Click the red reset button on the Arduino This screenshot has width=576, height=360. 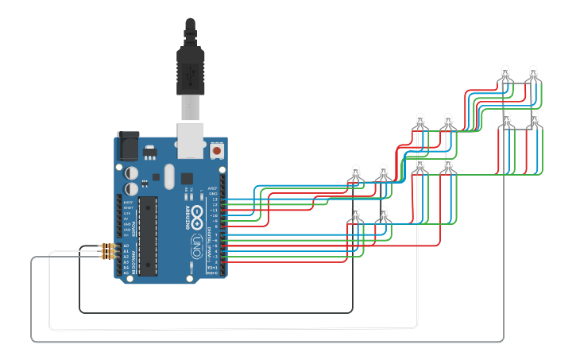(217, 149)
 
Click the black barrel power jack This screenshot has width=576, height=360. (127, 145)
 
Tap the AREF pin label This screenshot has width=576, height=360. (212, 188)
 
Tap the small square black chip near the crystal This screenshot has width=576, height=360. (187, 178)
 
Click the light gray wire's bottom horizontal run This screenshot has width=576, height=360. (262, 341)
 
